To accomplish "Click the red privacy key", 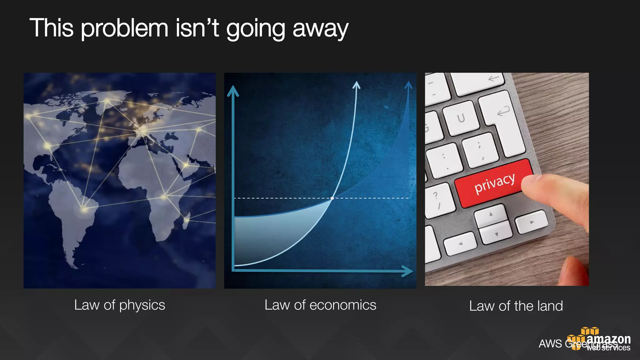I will click(494, 183).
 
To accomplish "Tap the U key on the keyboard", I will click(461, 118).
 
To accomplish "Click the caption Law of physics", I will click(119, 305).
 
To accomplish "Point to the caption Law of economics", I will click(320, 305).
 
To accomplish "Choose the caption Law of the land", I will click(516, 306).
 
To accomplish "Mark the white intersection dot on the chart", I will click(332, 198).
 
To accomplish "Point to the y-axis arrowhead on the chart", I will click(233, 91).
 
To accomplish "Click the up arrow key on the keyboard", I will click(491, 215).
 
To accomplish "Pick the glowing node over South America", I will click(84, 209).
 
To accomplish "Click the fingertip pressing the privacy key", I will click(531, 184).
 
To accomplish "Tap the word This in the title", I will click(52, 28).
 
